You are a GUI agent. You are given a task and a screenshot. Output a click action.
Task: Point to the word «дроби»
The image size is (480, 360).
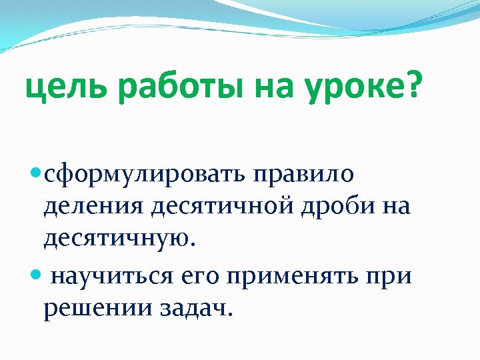point(337,207)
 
